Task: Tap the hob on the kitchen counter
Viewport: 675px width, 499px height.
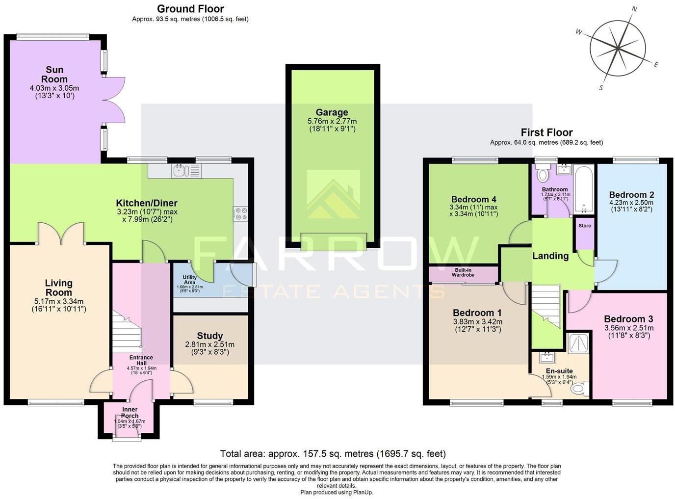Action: pos(241,213)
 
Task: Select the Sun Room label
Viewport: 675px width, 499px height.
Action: pos(54,75)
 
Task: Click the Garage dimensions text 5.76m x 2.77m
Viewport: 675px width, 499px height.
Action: pos(332,121)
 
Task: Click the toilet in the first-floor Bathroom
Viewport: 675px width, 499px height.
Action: pos(542,175)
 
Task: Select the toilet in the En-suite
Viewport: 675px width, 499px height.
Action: pos(580,389)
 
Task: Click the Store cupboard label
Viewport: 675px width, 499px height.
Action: pos(584,226)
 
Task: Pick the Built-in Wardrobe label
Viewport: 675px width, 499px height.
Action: pos(463,273)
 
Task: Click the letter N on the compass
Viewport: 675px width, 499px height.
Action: pos(634,9)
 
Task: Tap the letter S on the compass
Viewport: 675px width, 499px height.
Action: pos(600,88)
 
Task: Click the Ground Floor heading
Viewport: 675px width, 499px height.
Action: pos(190,9)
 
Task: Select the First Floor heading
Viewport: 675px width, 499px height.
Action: pos(546,132)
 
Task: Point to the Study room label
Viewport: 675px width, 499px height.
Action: pos(210,336)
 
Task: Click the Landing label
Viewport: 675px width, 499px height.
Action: pos(550,256)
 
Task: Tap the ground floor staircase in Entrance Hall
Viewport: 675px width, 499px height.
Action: pos(127,332)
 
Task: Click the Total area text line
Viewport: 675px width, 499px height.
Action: pos(333,454)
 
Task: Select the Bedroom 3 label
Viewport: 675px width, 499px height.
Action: pos(628,319)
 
